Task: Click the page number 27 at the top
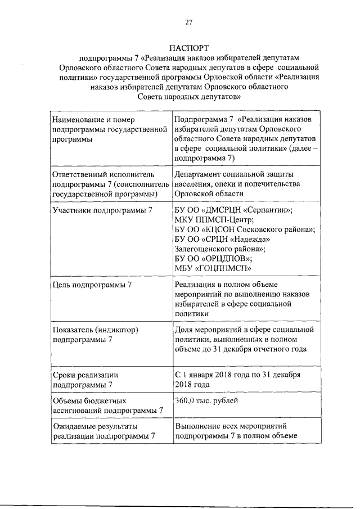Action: tap(188, 22)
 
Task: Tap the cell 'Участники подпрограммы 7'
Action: tap(102, 210)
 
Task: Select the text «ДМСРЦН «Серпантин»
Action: tap(247, 210)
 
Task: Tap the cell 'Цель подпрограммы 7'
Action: tap(92, 285)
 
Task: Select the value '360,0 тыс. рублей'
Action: tap(206, 400)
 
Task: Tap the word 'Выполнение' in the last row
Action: tap(197, 426)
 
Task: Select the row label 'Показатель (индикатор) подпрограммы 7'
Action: tap(95, 334)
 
